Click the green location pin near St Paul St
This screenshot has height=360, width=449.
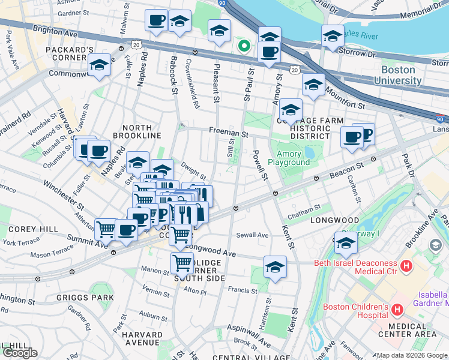(244, 46)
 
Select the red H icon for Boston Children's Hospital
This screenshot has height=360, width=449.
(397, 310)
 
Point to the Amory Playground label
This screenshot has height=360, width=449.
(289, 158)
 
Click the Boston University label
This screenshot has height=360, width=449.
(397, 75)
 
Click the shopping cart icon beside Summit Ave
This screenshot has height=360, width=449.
(106, 228)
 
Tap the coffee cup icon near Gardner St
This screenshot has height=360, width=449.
(156, 20)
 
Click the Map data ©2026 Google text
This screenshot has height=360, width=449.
(411, 355)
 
